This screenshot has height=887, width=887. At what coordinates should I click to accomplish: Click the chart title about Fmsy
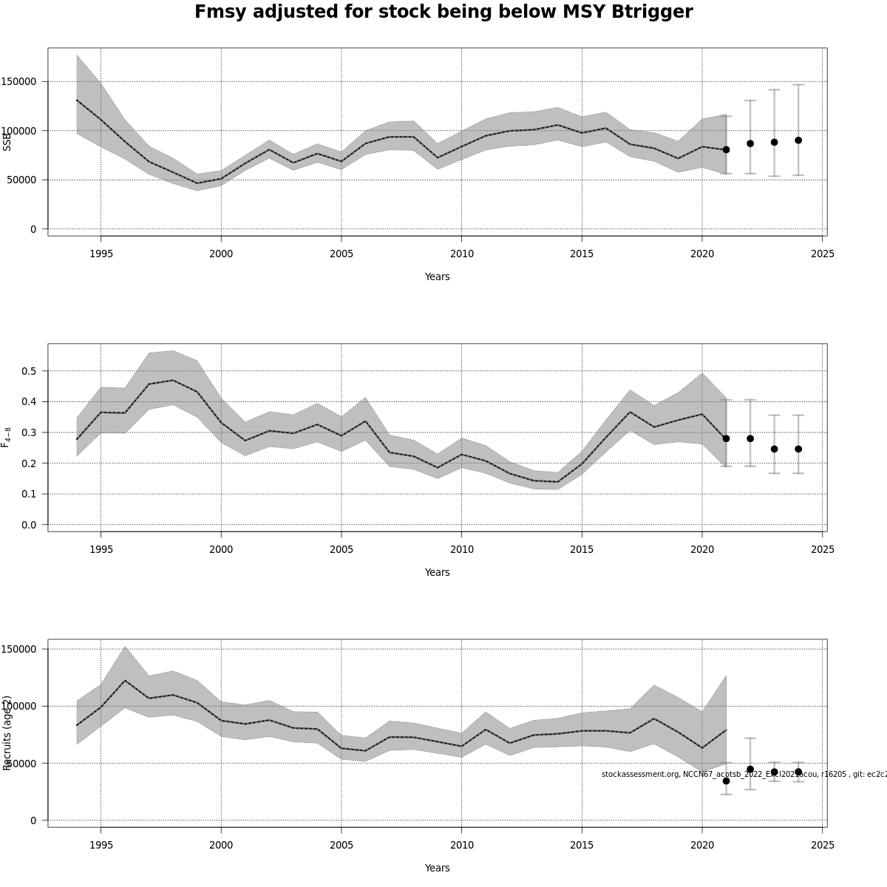tap(443, 13)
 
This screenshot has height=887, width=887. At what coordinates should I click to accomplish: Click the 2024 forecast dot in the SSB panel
tap(798, 140)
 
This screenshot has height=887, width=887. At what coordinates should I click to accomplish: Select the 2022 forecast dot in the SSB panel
tap(750, 143)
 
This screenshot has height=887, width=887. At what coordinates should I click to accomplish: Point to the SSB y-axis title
tap(7, 140)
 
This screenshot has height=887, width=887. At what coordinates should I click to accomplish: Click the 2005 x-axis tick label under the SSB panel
tap(341, 254)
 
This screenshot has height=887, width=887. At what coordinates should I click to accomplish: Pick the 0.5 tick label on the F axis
tap(28, 371)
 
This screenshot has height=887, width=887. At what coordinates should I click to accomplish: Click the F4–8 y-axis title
tap(7, 437)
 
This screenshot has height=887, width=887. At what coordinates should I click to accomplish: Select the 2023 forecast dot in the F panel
tap(775, 449)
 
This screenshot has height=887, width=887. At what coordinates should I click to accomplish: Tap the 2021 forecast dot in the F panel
tap(726, 438)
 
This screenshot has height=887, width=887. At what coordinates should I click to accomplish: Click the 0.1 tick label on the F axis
tap(28, 494)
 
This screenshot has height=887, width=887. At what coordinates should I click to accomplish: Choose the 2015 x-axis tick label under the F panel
tap(581, 549)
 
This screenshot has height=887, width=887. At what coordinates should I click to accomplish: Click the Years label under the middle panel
tap(437, 572)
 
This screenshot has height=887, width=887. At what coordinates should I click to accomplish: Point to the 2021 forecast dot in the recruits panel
tap(726, 781)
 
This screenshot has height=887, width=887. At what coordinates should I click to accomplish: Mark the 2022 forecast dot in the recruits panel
tap(750, 769)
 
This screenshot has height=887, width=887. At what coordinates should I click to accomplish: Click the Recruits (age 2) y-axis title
tap(7, 733)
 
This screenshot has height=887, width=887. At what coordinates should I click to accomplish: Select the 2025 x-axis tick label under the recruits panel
tap(822, 845)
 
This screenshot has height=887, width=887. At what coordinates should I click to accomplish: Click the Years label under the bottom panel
tap(437, 868)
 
